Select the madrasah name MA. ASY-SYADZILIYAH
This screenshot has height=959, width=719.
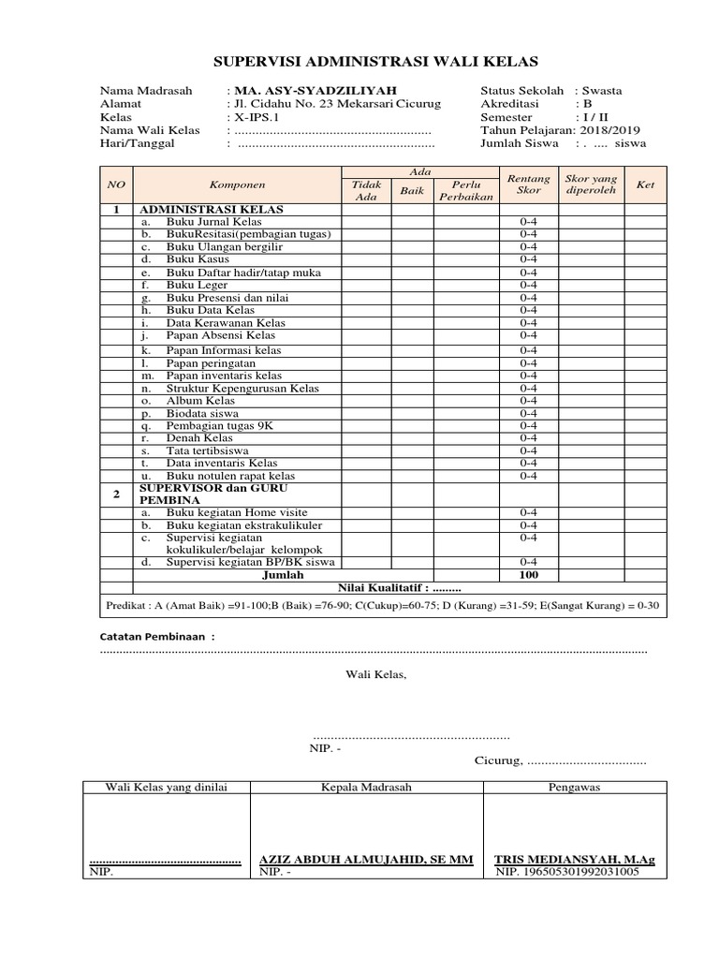coord(295,91)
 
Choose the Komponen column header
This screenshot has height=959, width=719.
coord(237,184)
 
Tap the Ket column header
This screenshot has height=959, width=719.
coord(645,184)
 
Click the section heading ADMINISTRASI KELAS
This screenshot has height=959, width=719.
coord(211,209)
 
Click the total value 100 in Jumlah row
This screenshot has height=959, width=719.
coord(529,575)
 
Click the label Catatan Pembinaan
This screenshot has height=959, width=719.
coord(157,637)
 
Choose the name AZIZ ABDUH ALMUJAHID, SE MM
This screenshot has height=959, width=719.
coord(366,859)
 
